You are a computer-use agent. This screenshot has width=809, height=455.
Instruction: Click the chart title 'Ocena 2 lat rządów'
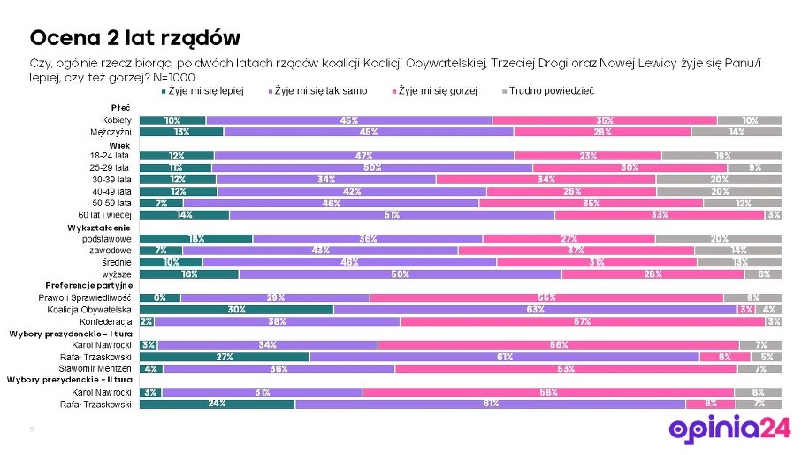click(x=134, y=38)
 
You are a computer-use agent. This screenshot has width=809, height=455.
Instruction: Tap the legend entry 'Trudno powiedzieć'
click(x=551, y=91)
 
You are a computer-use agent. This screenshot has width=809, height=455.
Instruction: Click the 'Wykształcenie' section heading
click(x=100, y=227)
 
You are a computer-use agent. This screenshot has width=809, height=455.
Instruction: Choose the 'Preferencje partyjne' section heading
click(x=89, y=286)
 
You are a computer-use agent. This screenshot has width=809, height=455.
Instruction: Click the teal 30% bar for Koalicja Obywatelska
click(x=236, y=310)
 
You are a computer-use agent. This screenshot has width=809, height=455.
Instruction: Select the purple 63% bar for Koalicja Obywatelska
click(x=535, y=310)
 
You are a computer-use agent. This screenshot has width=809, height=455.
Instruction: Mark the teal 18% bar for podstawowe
click(x=196, y=239)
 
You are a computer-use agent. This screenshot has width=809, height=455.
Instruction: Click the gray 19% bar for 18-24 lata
click(x=721, y=155)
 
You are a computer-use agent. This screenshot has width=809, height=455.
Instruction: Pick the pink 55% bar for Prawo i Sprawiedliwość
click(x=546, y=298)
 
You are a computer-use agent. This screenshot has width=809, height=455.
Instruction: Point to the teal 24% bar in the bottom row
click(x=218, y=404)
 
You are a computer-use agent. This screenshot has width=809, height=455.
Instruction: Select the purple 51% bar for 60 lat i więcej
click(x=392, y=214)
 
